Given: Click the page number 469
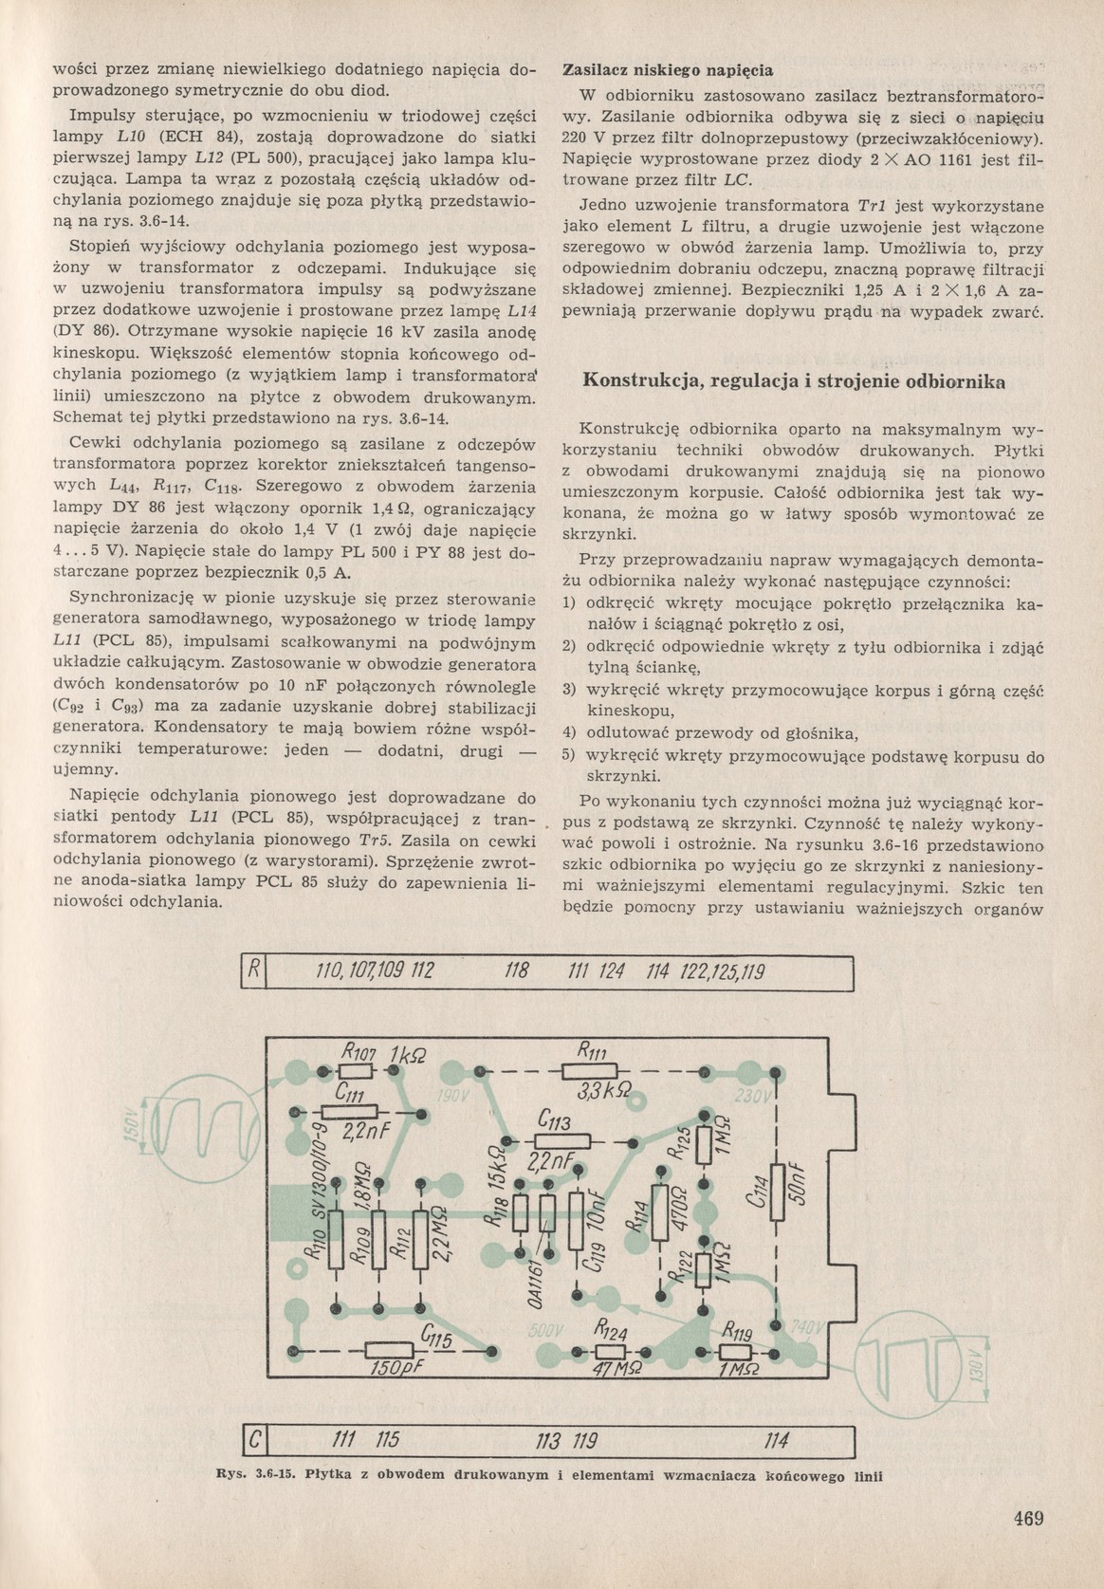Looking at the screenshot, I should point(1027,1517).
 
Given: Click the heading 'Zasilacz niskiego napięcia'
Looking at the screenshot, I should point(668,70).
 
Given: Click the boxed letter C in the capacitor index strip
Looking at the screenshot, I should point(254,1442).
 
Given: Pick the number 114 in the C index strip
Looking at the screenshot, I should point(776,1442).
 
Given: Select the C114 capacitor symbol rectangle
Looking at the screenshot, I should point(777,1192).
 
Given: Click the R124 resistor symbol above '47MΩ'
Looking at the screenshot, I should point(609,1351).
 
